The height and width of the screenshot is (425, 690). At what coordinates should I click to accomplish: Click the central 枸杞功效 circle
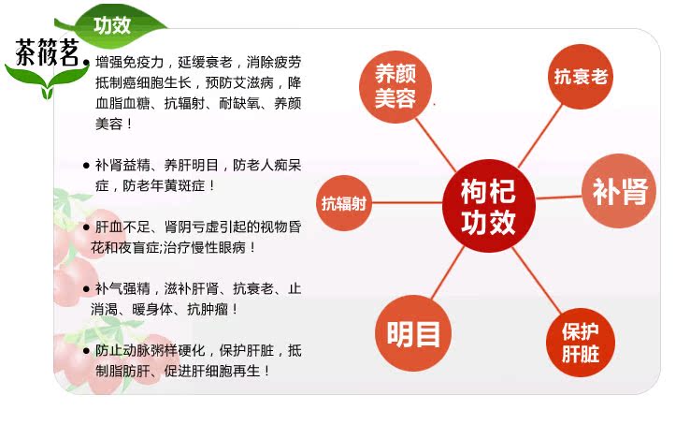(488, 206)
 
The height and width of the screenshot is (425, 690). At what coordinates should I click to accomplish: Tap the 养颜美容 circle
(395, 87)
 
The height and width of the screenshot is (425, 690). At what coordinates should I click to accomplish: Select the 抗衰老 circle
(581, 77)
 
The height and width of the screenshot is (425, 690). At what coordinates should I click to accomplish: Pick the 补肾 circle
(619, 191)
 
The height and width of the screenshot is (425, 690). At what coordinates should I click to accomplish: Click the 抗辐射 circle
(344, 203)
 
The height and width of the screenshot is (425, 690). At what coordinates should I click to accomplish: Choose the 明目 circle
(413, 333)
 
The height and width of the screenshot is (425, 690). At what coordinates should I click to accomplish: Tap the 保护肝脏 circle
(580, 343)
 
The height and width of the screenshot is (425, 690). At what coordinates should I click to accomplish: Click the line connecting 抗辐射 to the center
(407, 203)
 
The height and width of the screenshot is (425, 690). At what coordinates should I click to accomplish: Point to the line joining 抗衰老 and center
(540, 136)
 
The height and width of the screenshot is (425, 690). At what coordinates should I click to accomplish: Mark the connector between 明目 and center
(448, 272)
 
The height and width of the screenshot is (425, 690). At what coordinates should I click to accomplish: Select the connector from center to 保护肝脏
(537, 281)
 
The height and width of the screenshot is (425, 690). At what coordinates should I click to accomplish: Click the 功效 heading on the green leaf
(112, 25)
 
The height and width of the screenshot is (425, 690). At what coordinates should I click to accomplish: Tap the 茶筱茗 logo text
(47, 52)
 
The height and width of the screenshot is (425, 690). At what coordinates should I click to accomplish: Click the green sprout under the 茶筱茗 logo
(47, 81)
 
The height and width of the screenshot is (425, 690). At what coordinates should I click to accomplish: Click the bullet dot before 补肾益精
(86, 166)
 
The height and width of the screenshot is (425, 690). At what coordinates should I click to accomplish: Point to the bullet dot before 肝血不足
(86, 227)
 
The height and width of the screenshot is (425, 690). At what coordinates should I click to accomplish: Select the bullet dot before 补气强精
(86, 289)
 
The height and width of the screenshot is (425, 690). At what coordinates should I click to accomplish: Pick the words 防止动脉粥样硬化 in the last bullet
(150, 350)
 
